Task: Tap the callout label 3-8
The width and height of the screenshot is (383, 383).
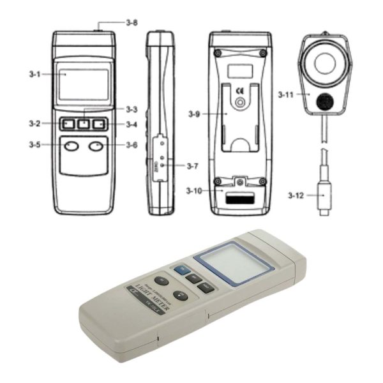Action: point(132,23)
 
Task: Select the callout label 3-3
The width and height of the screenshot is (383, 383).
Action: point(131,109)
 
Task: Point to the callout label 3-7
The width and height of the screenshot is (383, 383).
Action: point(193,166)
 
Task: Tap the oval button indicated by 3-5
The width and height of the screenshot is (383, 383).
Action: point(71,147)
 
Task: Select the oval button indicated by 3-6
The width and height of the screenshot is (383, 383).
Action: point(96,147)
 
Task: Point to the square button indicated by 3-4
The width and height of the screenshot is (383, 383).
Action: point(99,123)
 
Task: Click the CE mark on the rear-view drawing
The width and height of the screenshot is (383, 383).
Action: point(239,90)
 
